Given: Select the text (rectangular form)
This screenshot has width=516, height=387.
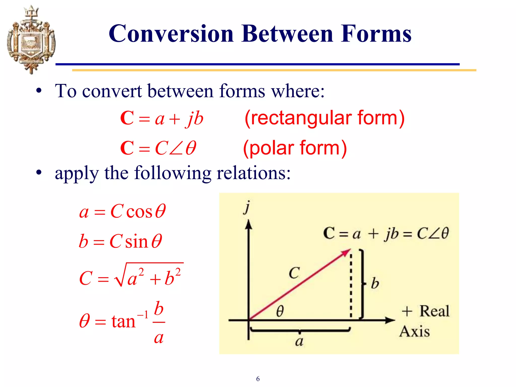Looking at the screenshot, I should (324, 118).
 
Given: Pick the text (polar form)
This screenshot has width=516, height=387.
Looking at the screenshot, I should (295, 148).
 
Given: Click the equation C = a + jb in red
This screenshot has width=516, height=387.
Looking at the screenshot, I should (162, 118).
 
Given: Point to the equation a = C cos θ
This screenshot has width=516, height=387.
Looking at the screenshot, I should (122, 211).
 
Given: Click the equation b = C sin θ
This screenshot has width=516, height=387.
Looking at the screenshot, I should (120, 241).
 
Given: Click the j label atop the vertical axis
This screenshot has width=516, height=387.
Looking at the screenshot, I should (247, 207).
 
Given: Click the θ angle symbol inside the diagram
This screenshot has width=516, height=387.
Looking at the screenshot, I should (280, 311).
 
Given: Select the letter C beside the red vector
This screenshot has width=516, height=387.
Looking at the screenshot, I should (294, 273).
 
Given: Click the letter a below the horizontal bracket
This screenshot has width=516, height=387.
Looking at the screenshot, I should (299, 341).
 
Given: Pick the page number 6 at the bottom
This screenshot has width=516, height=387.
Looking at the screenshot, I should (258, 379).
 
